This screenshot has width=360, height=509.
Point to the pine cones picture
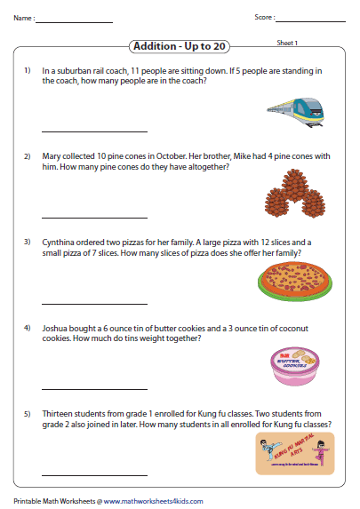coord(294,195)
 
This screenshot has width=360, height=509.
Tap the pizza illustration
coord(293,281)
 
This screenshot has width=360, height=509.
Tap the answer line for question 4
coord(82,389)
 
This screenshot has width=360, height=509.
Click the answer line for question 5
coord(82,475)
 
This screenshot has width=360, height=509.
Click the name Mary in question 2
coord(52,155)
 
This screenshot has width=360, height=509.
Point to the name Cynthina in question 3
coord(60,242)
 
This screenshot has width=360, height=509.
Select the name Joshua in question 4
coord(56,328)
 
